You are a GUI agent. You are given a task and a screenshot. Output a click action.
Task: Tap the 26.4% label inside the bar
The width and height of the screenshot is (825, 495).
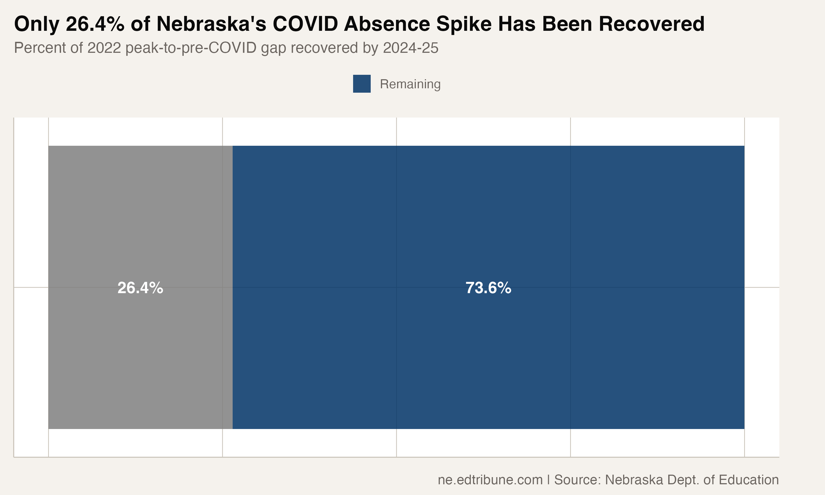pos(140,288)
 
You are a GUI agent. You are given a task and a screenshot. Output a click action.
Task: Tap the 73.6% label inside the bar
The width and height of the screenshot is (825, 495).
pos(488,288)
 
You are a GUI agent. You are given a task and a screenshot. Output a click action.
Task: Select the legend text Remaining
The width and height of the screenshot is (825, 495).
pos(410,84)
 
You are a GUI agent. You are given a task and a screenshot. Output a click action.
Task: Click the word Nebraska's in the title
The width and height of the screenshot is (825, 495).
pos(211,24)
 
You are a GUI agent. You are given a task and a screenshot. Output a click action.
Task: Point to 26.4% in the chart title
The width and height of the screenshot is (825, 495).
pos(95,24)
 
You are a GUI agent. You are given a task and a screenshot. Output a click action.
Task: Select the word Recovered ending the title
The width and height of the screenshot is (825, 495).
pos(651,24)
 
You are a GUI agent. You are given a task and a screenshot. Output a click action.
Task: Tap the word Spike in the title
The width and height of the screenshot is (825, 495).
pos(464,24)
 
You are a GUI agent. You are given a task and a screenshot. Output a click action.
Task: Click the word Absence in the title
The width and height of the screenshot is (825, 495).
pos(387,24)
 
